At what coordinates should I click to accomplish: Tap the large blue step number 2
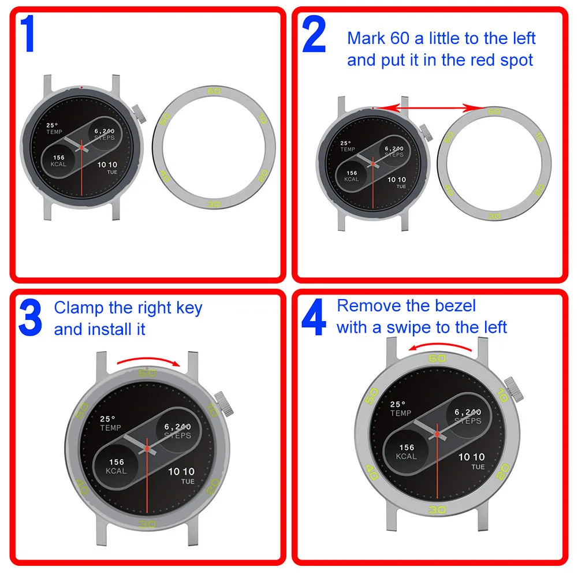tap(314, 35)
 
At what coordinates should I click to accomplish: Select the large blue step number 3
tap(30, 318)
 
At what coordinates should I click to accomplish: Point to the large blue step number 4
tap(314, 319)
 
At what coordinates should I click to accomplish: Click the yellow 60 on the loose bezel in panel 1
tap(214, 91)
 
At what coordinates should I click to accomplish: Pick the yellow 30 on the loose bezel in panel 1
tap(214, 204)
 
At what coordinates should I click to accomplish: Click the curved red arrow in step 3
tap(148, 360)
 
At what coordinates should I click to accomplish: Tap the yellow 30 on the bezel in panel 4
tap(437, 509)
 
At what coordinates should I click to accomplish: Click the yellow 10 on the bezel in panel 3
tap(212, 411)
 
